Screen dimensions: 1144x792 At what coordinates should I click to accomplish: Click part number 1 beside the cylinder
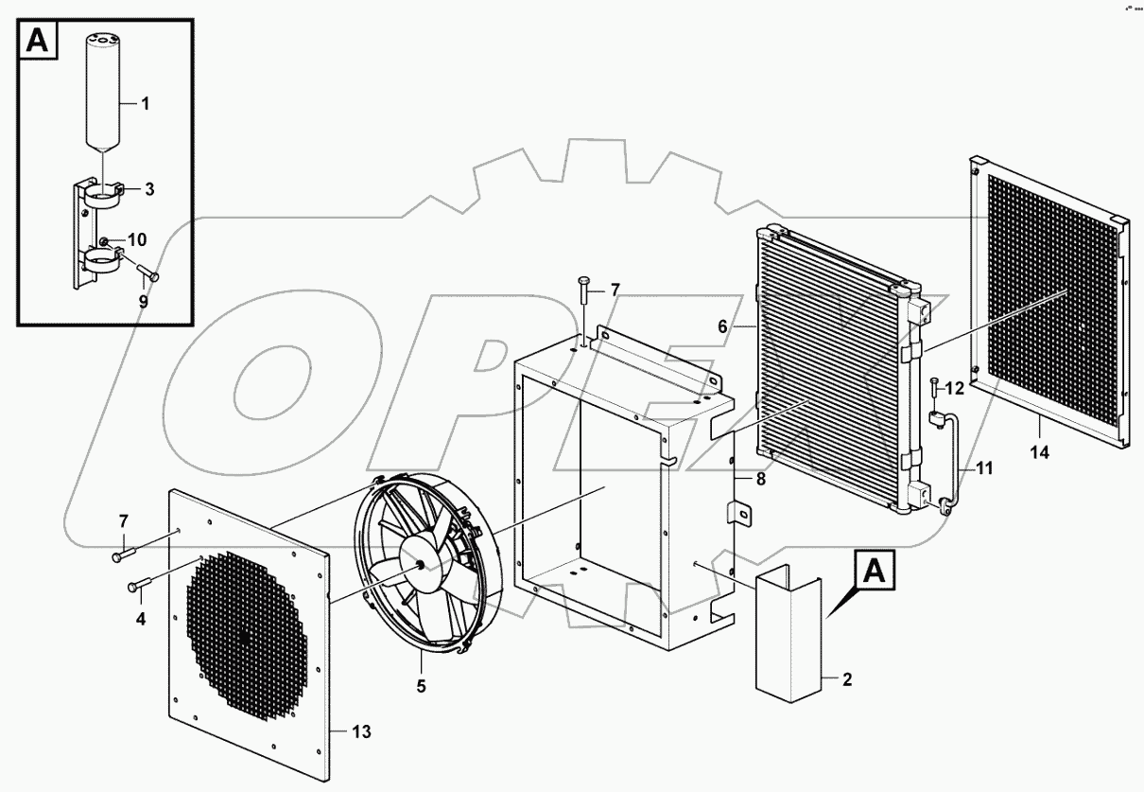[x=146, y=104]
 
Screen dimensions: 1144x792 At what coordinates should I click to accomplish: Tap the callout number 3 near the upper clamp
[x=148, y=189]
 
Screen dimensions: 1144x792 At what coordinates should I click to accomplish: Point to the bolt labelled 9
[x=148, y=275]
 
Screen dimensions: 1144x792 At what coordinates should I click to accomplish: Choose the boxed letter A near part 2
[x=875, y=572]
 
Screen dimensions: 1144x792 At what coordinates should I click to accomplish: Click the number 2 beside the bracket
[x=847, y=678]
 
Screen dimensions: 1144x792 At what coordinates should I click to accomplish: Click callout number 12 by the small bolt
[x=954, y=387]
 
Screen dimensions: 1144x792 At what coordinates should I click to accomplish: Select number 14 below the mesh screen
[x=1039, y=452]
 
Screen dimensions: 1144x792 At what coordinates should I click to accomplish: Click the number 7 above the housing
[x=615, y=290]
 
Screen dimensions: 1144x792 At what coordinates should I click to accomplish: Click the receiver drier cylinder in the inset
[x=102, y=90]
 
